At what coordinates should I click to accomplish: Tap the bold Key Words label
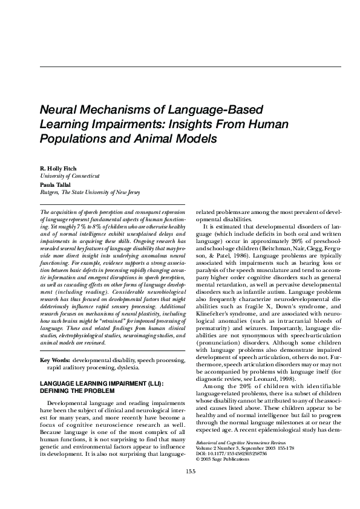pyautogui.click(x=53, y=360)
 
